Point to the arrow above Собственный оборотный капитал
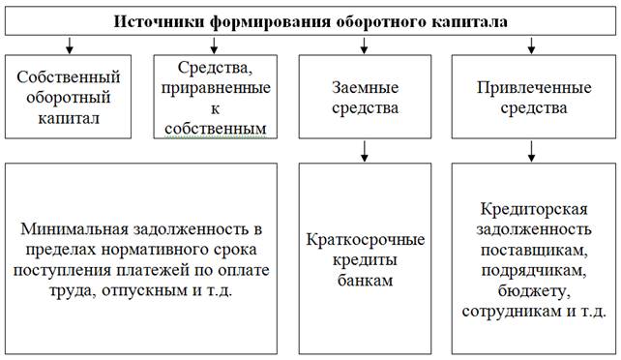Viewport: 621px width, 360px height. [x=70, y=44]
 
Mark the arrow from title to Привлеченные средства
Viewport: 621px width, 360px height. [x=530, y=44]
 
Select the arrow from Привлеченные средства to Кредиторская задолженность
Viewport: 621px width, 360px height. [x=530, y=150]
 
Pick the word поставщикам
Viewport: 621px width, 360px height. [x=531, y=249]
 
